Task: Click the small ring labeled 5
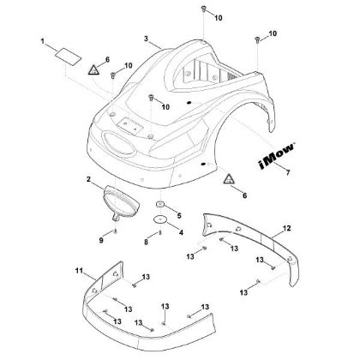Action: (159, 206)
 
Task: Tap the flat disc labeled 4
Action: (159, 220)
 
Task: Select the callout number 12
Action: (288, 228)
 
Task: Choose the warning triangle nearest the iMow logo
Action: (229, 180)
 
